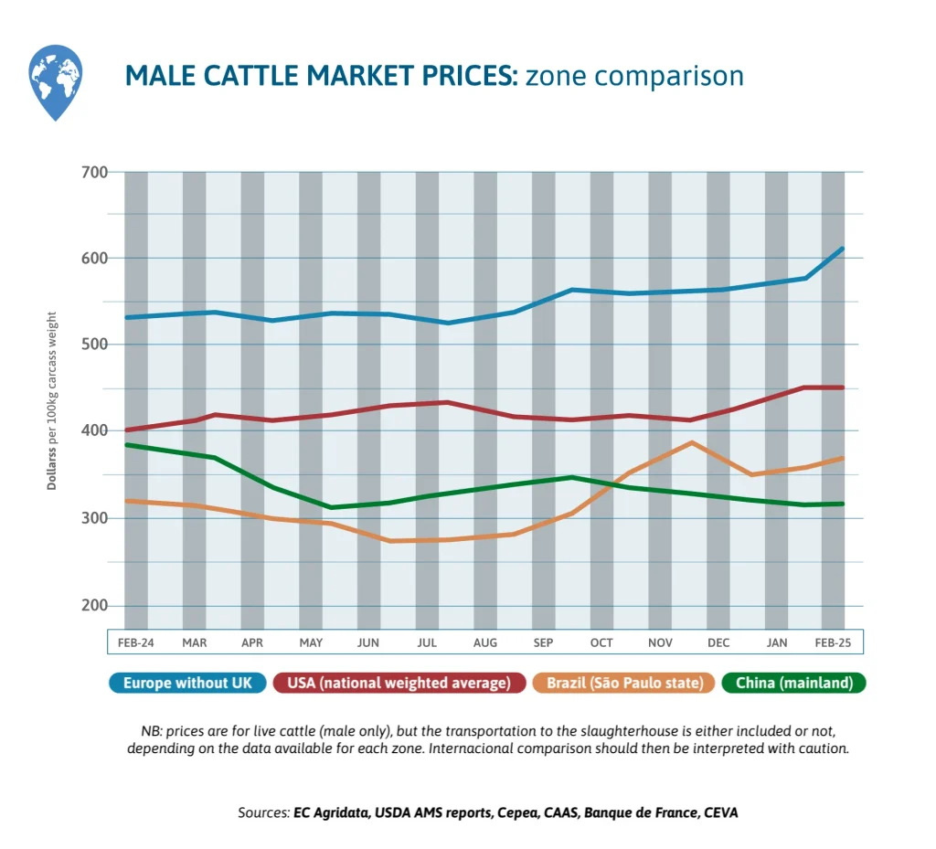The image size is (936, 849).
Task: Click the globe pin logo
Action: tap(56, 81)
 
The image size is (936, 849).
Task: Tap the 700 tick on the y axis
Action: tap(96, 172)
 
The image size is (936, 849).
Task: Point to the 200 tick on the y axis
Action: tap(96, 606)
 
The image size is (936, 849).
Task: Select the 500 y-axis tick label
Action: tap(96, 345)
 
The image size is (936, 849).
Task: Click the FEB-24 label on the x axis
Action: tap(136, 642)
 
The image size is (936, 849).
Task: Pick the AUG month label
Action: tap(485, 642)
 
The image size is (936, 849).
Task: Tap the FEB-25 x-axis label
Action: tap(832, 642)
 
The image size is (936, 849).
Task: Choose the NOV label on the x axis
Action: tap(660, 642)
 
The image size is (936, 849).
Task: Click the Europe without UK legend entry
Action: tap(187, 683)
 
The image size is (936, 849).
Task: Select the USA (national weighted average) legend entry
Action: tap(399, 683)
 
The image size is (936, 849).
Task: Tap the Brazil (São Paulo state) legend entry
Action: tap(619, 683)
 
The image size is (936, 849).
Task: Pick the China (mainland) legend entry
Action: tap(793, 683)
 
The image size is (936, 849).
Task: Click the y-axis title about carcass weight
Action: tap(53, 399)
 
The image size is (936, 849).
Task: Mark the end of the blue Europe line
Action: tap(842, 249)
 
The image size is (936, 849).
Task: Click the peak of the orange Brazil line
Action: tap(692, 442)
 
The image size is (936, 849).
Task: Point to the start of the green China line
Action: tap(127, 445)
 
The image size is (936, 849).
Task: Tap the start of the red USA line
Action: tap(127, 430)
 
